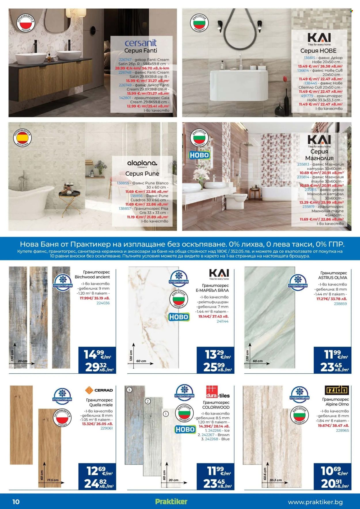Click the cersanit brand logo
pos(141,43)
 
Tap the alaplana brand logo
pos(142,163)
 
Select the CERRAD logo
pos(99,390)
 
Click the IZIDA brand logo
pos(337,390)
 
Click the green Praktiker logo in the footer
pos(171,502)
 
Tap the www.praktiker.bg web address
pos(315,502)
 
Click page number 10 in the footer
pos(16,502)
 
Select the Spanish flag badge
pos(22,138)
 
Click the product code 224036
pos(103,303)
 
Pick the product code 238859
pos(340,303)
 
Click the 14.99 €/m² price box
pos(97,360)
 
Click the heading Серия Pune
pos(142,174)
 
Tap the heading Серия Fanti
pos(141,51)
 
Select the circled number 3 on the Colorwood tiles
pos(129,390)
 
